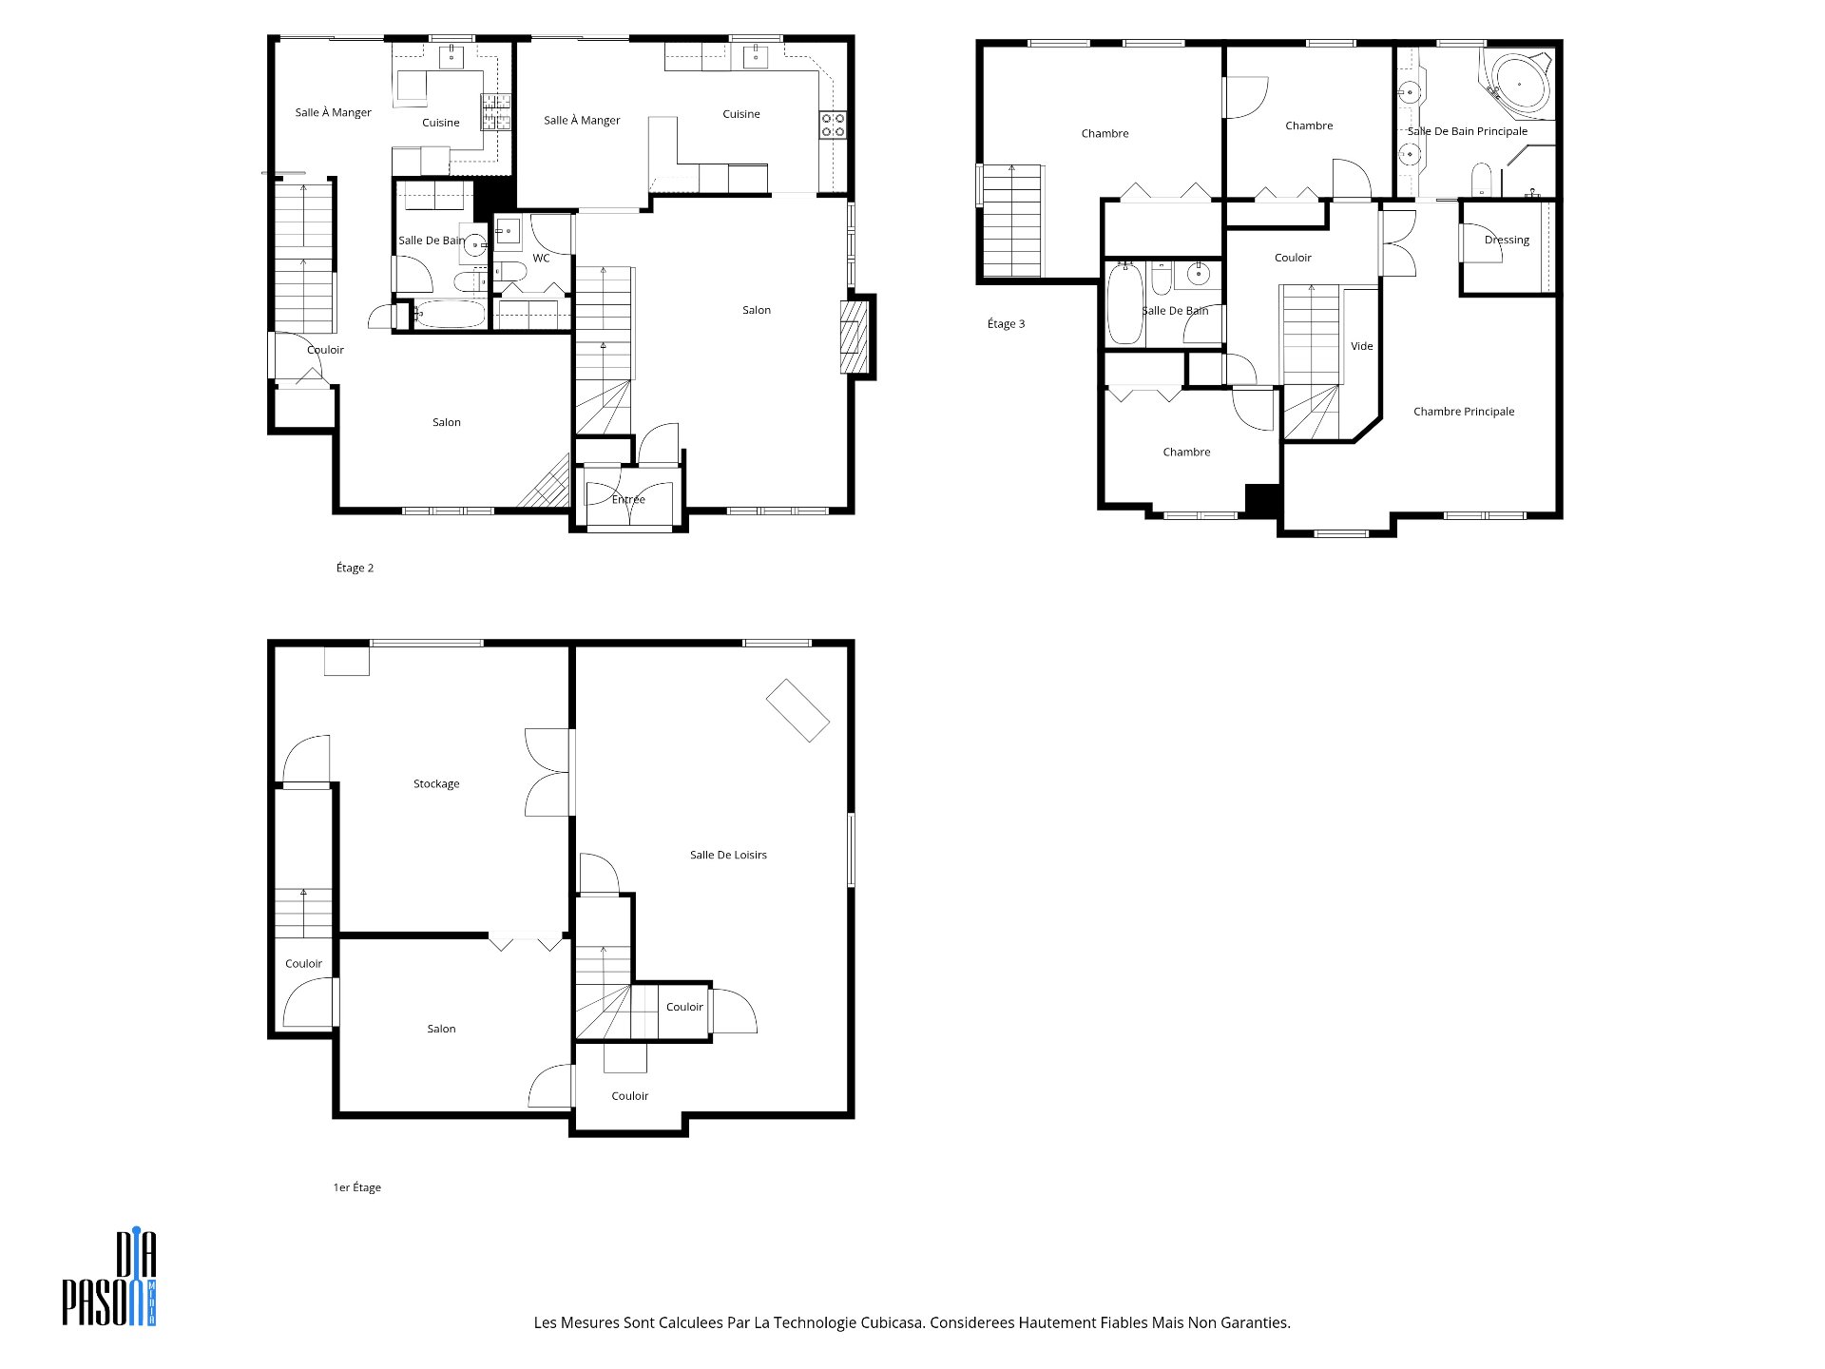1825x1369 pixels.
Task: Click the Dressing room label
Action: click(x=1507, y=240)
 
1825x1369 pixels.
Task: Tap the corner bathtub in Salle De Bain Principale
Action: click(x=1518, y=85)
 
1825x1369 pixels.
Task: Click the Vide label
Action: click(x=1362, y=346)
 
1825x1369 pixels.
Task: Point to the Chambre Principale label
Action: click(x=1464, y=412)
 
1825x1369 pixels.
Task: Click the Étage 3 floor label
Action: click(x=1007, y=323)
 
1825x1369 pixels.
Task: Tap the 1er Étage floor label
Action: click(x=356, y=1187)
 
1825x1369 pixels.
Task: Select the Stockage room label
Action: click(x=436, y=783)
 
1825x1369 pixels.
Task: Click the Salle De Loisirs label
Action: click(x=728, y=855)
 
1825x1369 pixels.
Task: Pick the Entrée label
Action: click(x=628, y=499)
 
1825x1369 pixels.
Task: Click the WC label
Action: click(x=541, y=259)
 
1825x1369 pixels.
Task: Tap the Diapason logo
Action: click(x=109, y=1279)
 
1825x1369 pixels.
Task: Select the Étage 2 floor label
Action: click(x=355, y=568)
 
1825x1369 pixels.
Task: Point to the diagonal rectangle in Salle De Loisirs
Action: click(x=797, y=710)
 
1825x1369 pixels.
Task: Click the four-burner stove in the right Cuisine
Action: click(x=833, y=125)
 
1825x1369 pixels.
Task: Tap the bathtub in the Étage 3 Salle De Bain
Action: click(x=1125, y=303)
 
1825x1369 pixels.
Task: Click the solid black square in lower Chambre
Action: click(x=1262, y=501)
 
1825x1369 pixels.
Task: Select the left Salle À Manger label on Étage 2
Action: click(x=333, y=112)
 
